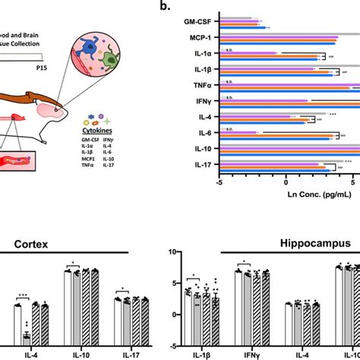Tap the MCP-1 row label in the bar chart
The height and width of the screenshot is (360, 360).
(x=199, y=38)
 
